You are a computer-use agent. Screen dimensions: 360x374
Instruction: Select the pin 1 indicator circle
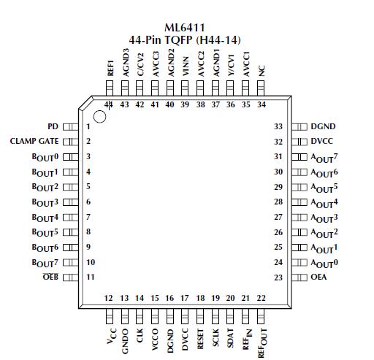point(100,115)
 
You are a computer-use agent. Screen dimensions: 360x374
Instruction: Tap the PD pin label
point(53,126)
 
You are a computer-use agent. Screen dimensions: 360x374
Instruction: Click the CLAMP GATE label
point(34,141)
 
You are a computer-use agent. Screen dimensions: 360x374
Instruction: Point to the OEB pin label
point(50,277)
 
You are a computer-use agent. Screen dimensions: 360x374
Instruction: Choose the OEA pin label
point(320,277)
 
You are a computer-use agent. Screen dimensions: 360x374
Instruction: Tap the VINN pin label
point(185,69)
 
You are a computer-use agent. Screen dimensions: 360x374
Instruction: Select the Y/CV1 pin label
point(231,67)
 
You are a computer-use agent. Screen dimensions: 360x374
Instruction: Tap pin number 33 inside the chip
point(278,126)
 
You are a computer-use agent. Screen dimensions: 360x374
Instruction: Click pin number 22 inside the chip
point(261,298)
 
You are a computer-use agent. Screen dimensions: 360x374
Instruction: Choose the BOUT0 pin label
point(45,156)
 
